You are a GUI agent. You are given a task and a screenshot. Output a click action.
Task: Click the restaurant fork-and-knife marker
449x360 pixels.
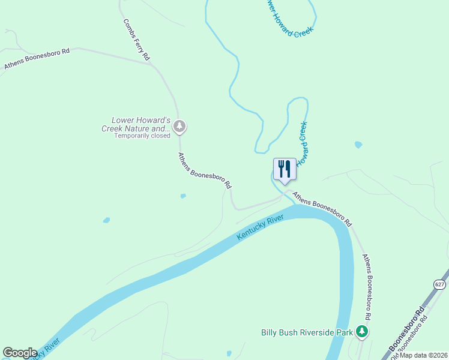click(x=285, y=169)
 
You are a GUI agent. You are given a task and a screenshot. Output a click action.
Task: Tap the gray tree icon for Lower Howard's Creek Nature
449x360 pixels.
click(x=179, y=127)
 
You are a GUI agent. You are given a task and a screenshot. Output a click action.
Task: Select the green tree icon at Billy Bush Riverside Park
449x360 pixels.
click(x=361, y=331)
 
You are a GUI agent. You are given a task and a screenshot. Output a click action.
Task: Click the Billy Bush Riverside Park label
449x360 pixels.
click(x=306, y=332)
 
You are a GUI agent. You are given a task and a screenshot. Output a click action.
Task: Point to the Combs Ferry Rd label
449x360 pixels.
click(x=137, y=39)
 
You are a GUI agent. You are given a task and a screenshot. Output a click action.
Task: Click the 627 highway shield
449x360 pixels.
click(x=440, y=284)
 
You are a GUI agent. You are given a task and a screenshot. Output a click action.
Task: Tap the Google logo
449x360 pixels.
click(x=20, y=353)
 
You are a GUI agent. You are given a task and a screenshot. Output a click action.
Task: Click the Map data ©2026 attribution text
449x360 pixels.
click(x=423, y=355)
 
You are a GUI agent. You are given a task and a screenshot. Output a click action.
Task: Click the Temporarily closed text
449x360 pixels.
click(x=142, y=136)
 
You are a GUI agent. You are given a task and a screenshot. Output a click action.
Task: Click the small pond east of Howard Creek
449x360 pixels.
click(x=358, y=145)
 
